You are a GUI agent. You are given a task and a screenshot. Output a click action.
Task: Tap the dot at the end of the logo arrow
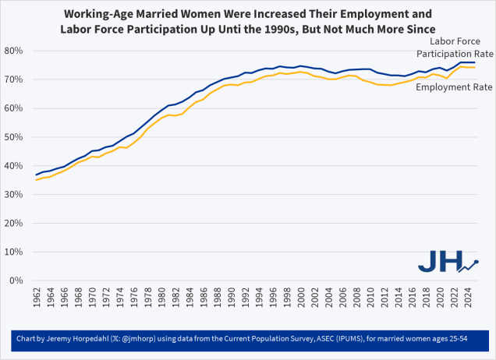tap(477, 262)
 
